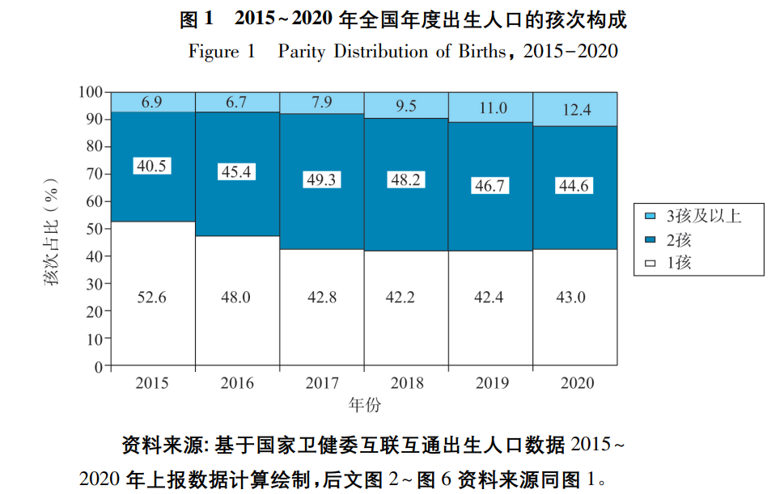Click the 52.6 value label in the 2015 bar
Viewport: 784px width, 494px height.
(x=152, y=298)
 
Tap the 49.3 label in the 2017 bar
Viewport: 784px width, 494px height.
(x=321, y=179)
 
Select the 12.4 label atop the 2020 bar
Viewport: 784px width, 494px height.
(x=575, y=109)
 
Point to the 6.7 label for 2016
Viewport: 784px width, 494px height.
(x=236, y=102)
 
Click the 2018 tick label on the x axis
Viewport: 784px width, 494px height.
(x=406, y=383)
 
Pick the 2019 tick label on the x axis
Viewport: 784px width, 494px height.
(x=490, y=383)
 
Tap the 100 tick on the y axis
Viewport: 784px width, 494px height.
(x=91, y=92)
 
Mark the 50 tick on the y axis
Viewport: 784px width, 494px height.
(x=95, y=229)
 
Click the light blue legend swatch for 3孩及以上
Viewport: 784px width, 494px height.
(x=650, y=217)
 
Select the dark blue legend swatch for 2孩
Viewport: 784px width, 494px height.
(x=650, y=240)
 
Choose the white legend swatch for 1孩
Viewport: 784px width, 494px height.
(x=650, y=263)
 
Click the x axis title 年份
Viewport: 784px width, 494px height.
(x=364, y=403)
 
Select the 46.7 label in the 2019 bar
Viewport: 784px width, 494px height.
(x=490, y=185)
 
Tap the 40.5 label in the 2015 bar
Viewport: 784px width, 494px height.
(x=152, y=165)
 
